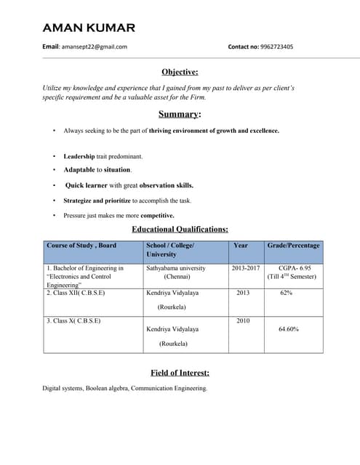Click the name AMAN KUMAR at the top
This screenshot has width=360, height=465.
89,28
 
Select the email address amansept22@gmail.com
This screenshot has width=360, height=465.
94,46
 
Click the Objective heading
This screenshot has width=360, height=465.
180,71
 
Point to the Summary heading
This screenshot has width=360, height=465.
179,114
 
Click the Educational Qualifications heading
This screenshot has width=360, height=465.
180,230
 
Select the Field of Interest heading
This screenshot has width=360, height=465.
180,373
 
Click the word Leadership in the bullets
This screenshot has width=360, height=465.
79,156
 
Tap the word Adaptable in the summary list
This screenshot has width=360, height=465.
79,170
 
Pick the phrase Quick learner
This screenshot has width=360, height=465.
87,185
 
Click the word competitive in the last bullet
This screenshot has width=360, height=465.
157,215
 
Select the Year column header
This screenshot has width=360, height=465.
240,246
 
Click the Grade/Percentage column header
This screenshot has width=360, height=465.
293,246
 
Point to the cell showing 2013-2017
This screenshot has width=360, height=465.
246,268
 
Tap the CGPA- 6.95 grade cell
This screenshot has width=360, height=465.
295,268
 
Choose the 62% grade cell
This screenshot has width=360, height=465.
287,293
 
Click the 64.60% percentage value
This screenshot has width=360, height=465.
289,329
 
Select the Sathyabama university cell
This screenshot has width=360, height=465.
175,268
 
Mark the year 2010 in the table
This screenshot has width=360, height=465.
243,320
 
